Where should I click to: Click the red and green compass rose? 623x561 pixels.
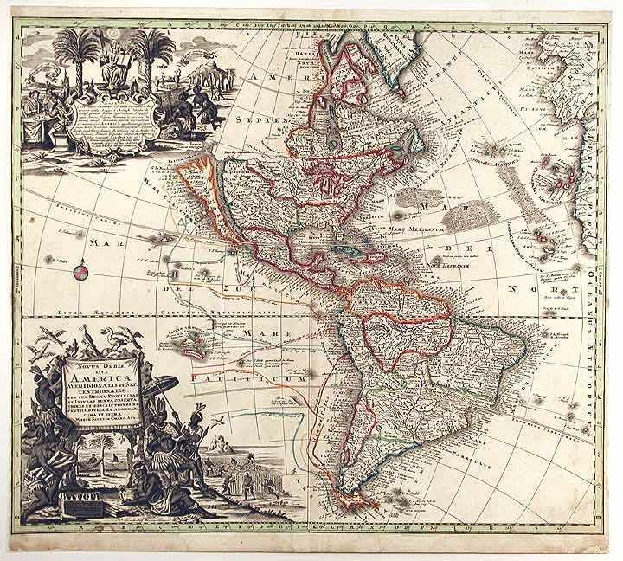pos(78,274)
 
